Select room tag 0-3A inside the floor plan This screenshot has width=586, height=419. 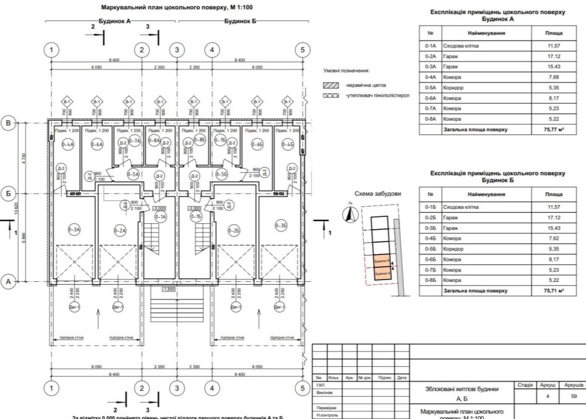pyautogui.click(x=74, y=230)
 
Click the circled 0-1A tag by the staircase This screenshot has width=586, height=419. pyautogui.click(x=161, y=217)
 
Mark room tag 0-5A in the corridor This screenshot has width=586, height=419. pyautogui.click(x=133, y=174)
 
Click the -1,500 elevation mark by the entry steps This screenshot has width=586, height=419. pyautogui.click(x=169, y=289)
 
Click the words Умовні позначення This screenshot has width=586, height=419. pyautogui.click(x=346, y=70)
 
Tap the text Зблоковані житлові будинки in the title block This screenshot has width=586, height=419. pyautogui.click(x=462, y=389)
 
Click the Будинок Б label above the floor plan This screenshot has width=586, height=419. pyautogui.click(x=239, y=21)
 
